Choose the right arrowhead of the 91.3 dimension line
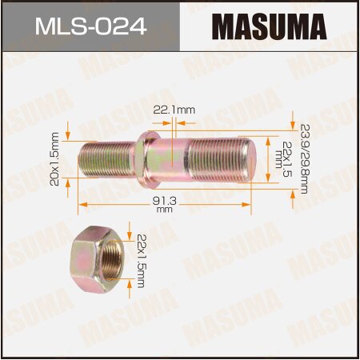[x=250, y=205]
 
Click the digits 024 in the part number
[x=125, y=28]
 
